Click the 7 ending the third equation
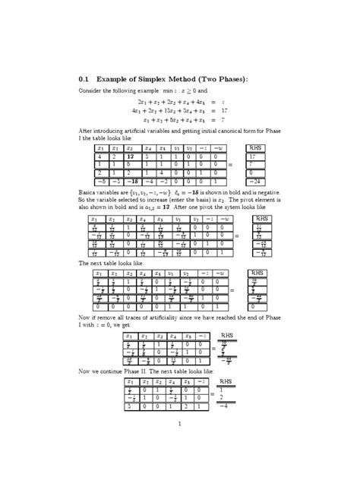pyautogui.click(x=242, y=119)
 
